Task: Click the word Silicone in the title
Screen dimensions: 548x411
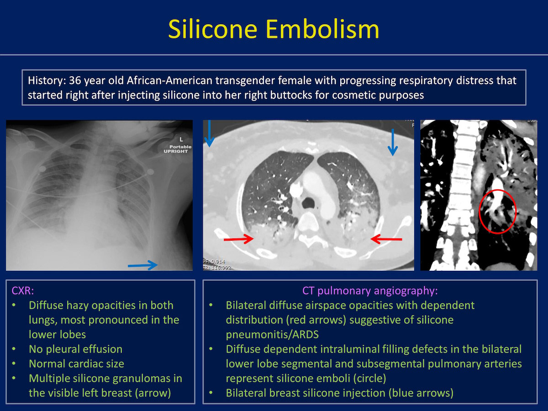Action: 213,29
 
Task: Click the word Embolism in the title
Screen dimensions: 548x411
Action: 322,29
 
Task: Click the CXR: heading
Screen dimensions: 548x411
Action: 23,291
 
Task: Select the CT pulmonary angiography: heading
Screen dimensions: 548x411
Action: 370,291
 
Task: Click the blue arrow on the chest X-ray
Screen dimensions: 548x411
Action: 142,265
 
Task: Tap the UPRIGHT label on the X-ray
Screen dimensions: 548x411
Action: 176,151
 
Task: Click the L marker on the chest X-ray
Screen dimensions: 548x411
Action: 181,139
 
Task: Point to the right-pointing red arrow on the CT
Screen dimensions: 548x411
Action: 239,239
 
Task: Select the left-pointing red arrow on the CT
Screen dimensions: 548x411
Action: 386,239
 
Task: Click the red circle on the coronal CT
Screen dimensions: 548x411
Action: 479,211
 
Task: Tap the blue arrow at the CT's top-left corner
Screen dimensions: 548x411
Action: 209,133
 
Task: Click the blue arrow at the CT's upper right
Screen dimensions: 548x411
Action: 393,142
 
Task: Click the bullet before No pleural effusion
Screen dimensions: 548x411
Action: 14,348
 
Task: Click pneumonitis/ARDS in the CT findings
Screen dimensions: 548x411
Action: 272,335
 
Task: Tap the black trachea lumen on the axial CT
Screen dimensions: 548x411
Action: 309,203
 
